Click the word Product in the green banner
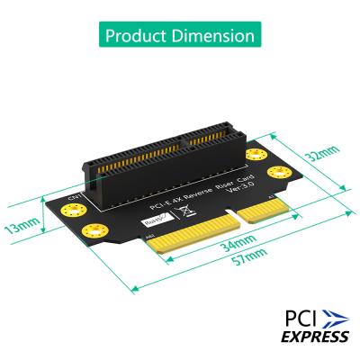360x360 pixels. click(138, 37)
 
